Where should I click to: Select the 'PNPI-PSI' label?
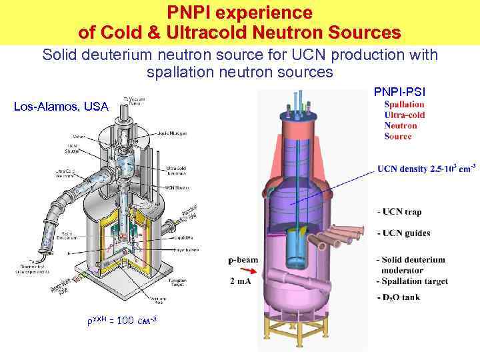point(399,91)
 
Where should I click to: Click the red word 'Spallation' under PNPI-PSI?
point(405,104)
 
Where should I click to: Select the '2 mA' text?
point(241,282)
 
